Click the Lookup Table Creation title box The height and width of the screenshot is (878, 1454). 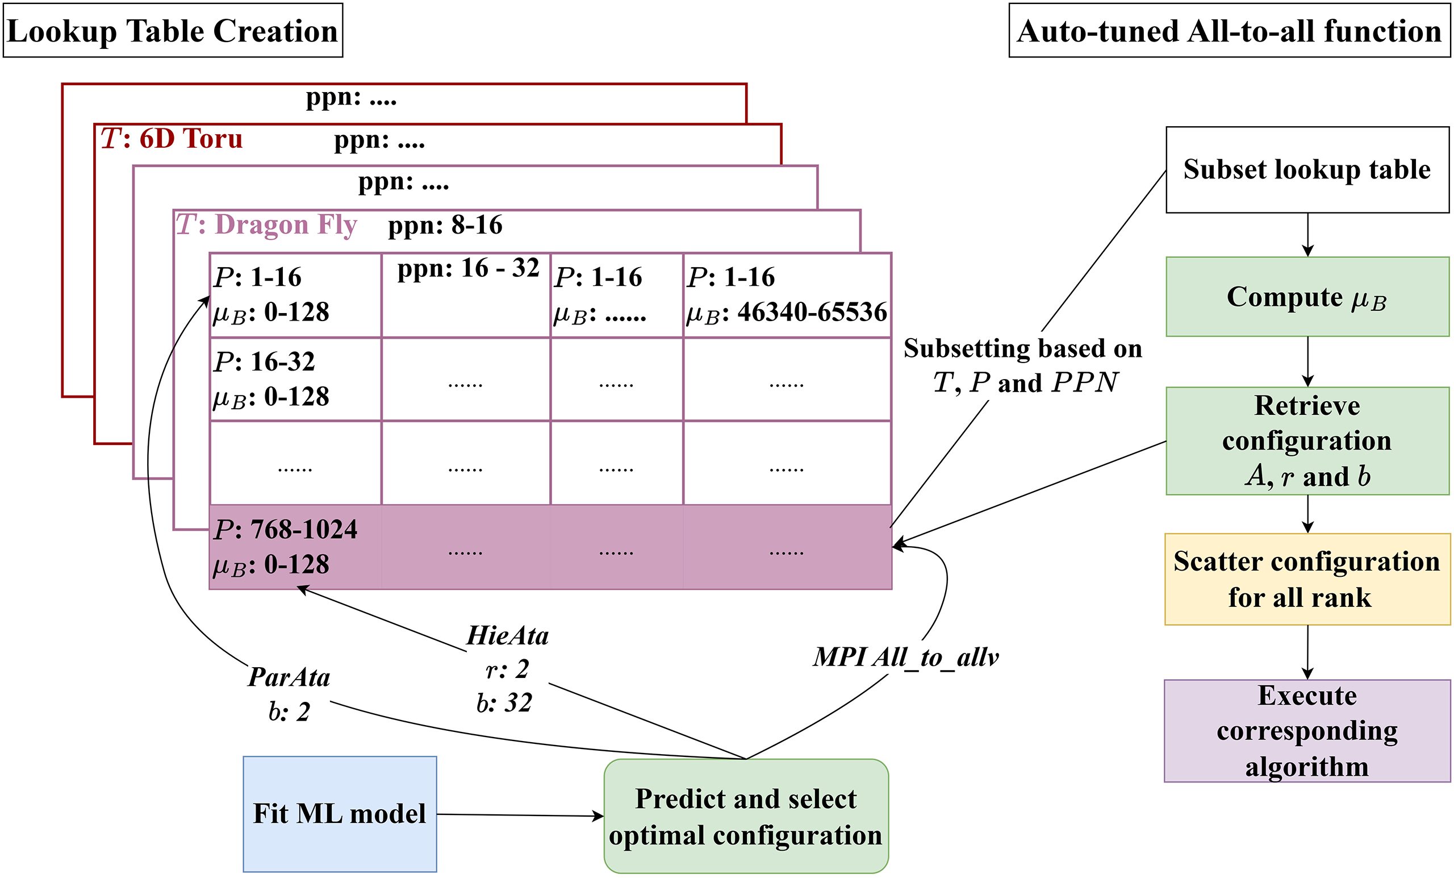tap(173, 31)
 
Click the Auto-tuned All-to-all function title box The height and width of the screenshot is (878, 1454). tap(1229, 31)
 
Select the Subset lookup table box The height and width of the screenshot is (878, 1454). tap(1307, 169)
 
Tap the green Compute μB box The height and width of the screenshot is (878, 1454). tap(1307, 297)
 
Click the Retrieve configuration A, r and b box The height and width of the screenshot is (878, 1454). tap(1307, 441)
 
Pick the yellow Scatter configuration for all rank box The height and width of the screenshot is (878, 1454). tap(1307, 579)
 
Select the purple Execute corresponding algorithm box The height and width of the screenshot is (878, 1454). tap(1307, 731)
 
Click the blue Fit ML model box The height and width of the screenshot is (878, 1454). tap(339, 814)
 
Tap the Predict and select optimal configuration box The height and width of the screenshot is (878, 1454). tap(746, 817)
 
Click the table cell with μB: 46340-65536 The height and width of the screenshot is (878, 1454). tap(787, 296)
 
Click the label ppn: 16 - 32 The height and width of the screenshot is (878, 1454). tap(468, 269)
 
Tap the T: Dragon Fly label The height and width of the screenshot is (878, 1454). tap(267, 225)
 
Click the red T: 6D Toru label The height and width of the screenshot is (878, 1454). tap(172, 139)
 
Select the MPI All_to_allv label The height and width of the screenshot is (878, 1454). tap(906, 657)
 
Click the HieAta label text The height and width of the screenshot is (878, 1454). tap(508, 636)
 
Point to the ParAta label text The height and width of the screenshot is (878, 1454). tap(289, 677)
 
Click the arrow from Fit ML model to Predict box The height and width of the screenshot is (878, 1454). tap(519, 815)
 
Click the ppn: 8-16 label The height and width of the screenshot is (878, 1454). tap(445, 226)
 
